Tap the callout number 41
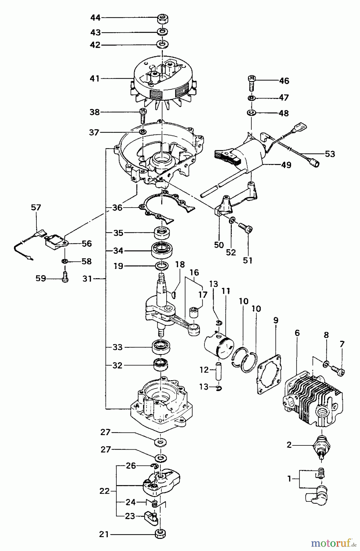95,79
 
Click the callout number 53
330,154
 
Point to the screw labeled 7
339,372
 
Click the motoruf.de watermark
334,543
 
